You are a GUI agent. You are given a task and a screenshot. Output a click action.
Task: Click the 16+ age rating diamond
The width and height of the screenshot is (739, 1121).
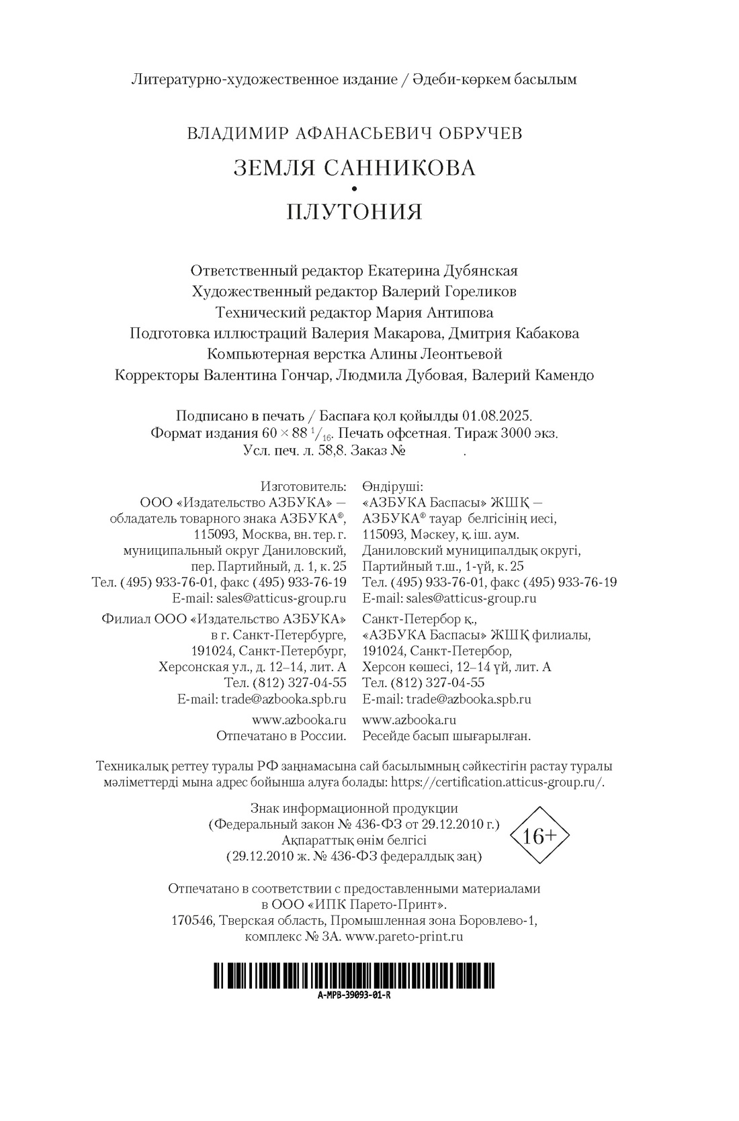pos(539,836)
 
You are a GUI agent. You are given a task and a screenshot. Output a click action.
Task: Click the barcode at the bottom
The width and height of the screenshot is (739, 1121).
pos(354,975)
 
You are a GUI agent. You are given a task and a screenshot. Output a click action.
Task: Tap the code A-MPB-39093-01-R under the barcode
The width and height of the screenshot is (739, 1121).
pos(354,995)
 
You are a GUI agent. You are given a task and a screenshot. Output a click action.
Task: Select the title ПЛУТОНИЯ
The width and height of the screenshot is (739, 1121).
pos(354,212)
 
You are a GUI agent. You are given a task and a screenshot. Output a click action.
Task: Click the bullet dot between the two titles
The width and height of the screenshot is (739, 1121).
pos(354,189)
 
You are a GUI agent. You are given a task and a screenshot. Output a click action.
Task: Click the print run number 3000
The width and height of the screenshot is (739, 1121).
pos(515,433)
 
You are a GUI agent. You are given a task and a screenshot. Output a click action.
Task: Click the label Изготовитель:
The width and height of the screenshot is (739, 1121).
pos(303,486)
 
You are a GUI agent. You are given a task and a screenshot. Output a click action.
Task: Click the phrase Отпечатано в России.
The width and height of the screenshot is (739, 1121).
pos(281,735)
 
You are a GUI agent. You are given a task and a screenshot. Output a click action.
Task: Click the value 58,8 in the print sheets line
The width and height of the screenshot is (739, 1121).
pos(331,451)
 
